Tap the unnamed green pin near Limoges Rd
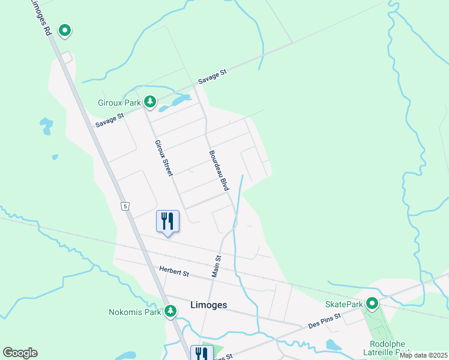[x=64, y=30]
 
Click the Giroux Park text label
[x=119, y=103]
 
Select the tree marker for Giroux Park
[x=150, y=103]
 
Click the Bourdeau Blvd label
[x=219, y=170]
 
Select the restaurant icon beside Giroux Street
[x=167, y=221]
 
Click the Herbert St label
[x=174, y=272]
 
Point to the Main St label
[x=217, y=266]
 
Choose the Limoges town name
[x=208, y=305]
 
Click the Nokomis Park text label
[x=135, y=312]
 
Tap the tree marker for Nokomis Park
[x=171, y=311]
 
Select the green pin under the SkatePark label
[x=372, y=304]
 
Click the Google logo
[x=20, y=353]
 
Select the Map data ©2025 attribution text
[x=423, y=355]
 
